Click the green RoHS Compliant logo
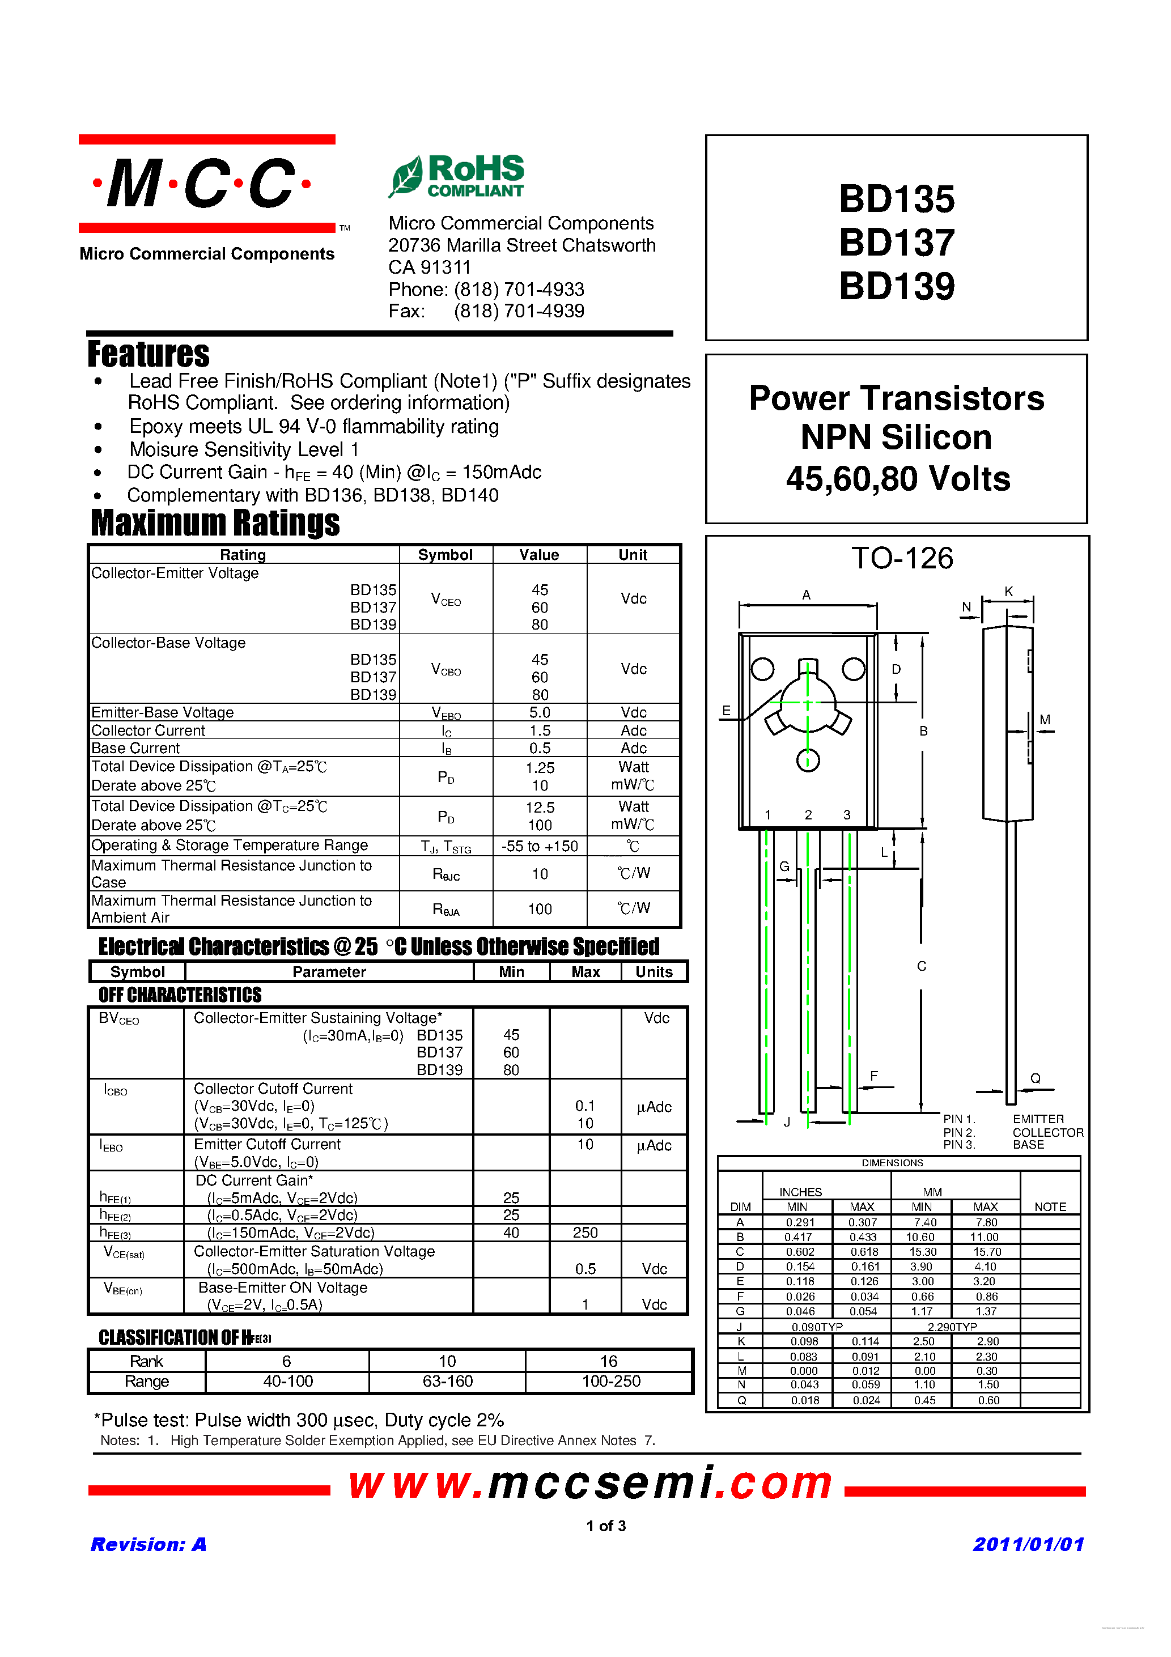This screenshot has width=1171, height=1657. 457,175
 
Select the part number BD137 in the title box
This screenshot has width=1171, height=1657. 896,243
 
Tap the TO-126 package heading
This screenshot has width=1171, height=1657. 902,558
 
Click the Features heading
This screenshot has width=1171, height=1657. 149,354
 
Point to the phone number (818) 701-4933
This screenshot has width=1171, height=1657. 519,290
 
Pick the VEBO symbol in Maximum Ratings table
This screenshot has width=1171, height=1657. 446,713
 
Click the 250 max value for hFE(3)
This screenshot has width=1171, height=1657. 585,1233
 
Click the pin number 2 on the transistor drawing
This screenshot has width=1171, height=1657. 808,815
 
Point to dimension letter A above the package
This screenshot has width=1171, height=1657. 807,594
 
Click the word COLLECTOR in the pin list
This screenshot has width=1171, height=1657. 1047,1132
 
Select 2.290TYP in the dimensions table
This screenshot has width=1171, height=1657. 952,1327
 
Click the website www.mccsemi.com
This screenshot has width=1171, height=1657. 590,1485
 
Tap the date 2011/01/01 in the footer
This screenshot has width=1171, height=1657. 1028,1544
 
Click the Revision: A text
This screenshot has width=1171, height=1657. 149,1544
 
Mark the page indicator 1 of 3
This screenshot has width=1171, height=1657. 606,1526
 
